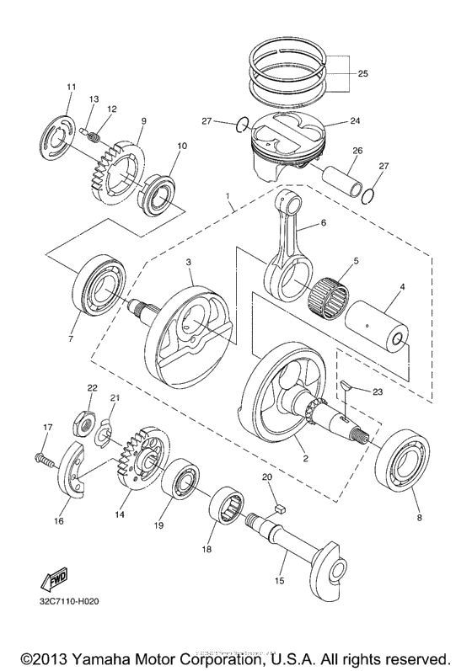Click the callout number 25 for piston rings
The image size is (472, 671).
(x=362, y=74)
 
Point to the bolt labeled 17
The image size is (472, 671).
(x=42, y=459)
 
